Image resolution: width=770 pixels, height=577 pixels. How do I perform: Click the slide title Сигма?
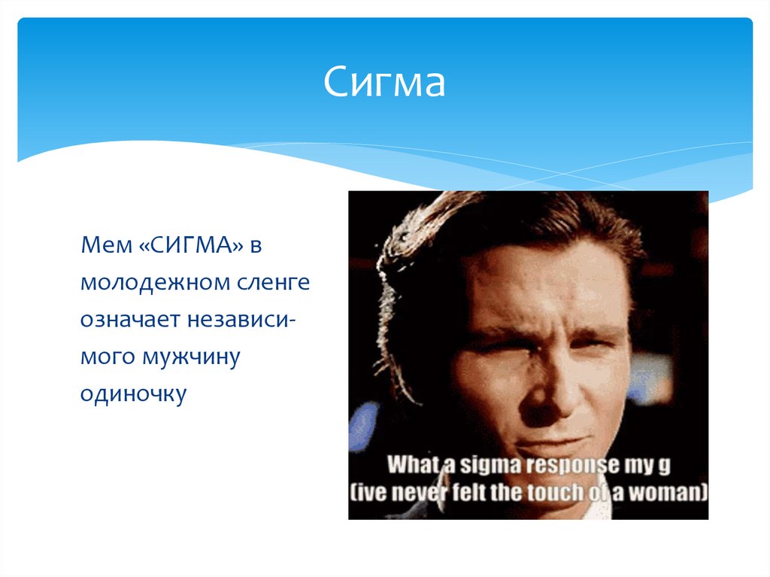click(x=385, y=84)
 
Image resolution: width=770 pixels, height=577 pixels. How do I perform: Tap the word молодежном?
click(x=156, y=284)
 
